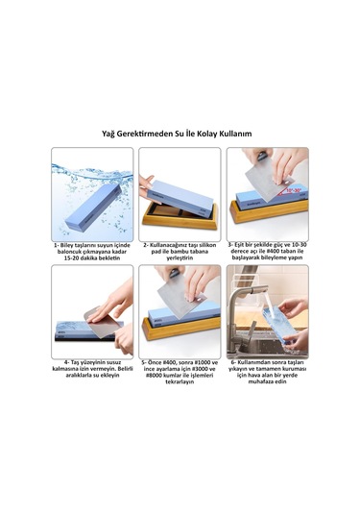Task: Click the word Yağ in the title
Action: (x=108, y=134)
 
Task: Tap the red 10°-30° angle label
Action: (x=294, y=190)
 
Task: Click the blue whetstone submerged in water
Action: (x=93, y=207)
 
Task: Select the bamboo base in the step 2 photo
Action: (x=180, y=215)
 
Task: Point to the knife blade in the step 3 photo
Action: (x=264, y=180)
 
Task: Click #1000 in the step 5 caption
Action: (x=202, y=362)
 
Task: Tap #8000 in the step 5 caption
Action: (x=154, y=376)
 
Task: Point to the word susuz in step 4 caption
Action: (x=113, y=362)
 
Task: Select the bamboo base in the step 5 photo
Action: (x=180, y=329)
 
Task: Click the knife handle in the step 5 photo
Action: (x=174, y=273)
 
